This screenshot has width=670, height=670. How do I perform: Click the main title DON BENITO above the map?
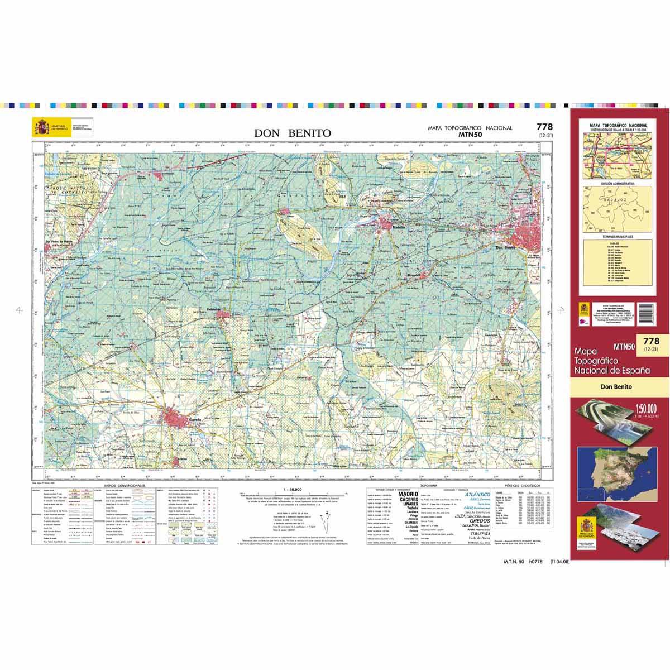[293, 133]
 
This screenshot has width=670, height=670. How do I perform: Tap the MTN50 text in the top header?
[470, 135]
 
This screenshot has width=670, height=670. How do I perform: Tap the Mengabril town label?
[411, 275]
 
